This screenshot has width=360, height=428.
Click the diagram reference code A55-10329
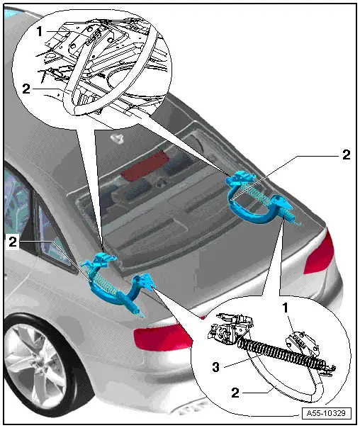point(327,413)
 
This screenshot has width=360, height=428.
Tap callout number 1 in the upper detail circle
point(40,31)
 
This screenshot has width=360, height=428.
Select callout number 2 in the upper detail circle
point(26,89)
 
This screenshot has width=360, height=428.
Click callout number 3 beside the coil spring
point(216,367)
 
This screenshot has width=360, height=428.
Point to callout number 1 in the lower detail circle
point(286,308)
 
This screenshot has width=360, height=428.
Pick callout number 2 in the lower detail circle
point(235,393)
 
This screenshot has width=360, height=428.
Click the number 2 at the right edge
point(347,154)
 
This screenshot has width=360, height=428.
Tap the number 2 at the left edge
point(13,242)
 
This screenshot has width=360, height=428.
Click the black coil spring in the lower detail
point(284,353)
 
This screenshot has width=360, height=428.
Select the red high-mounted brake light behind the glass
point(144,167)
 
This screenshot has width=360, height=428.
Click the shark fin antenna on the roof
point(118,137)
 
